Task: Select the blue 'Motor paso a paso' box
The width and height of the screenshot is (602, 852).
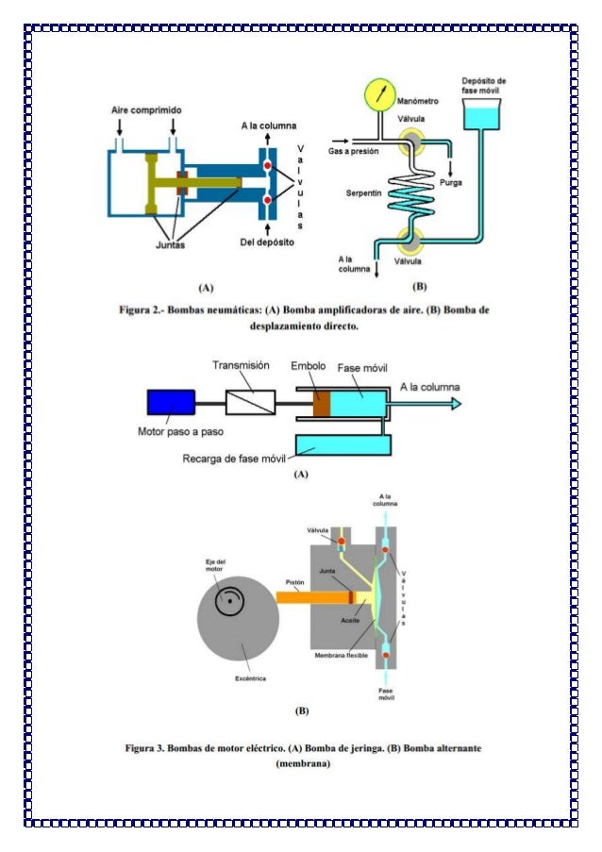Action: point(171,402)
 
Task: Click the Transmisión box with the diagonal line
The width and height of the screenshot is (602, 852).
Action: point(250,403)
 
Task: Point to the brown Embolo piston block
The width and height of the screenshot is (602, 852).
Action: point(322,403)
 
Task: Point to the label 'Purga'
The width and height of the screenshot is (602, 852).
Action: point(450,183)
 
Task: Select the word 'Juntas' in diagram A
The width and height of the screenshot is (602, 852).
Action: point(171,244)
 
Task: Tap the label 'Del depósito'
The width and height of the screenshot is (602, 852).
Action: point(267,243)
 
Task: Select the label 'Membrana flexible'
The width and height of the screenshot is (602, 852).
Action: point(343,654)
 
